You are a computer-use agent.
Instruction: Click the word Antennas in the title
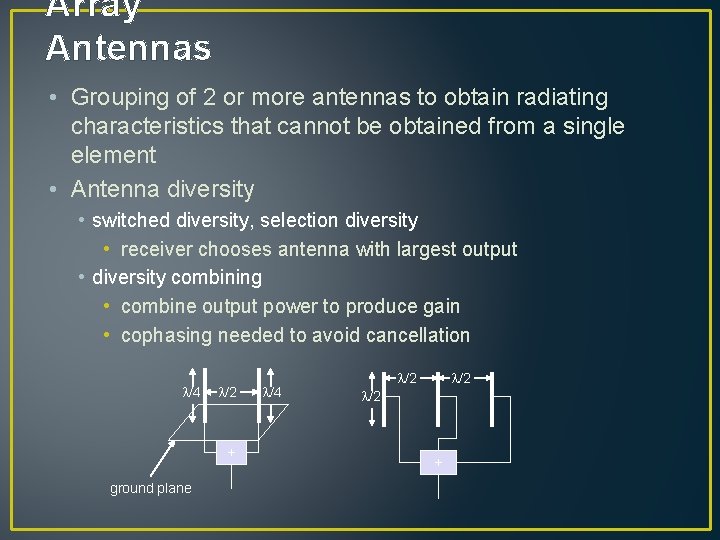129,47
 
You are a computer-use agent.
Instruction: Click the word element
114,155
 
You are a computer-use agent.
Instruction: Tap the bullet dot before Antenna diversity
52,189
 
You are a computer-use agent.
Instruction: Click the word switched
130,220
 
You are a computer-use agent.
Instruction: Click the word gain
440,306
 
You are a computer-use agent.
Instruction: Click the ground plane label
150,488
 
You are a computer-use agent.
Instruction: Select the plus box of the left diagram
231,453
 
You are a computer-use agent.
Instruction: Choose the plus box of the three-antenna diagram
437,462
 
